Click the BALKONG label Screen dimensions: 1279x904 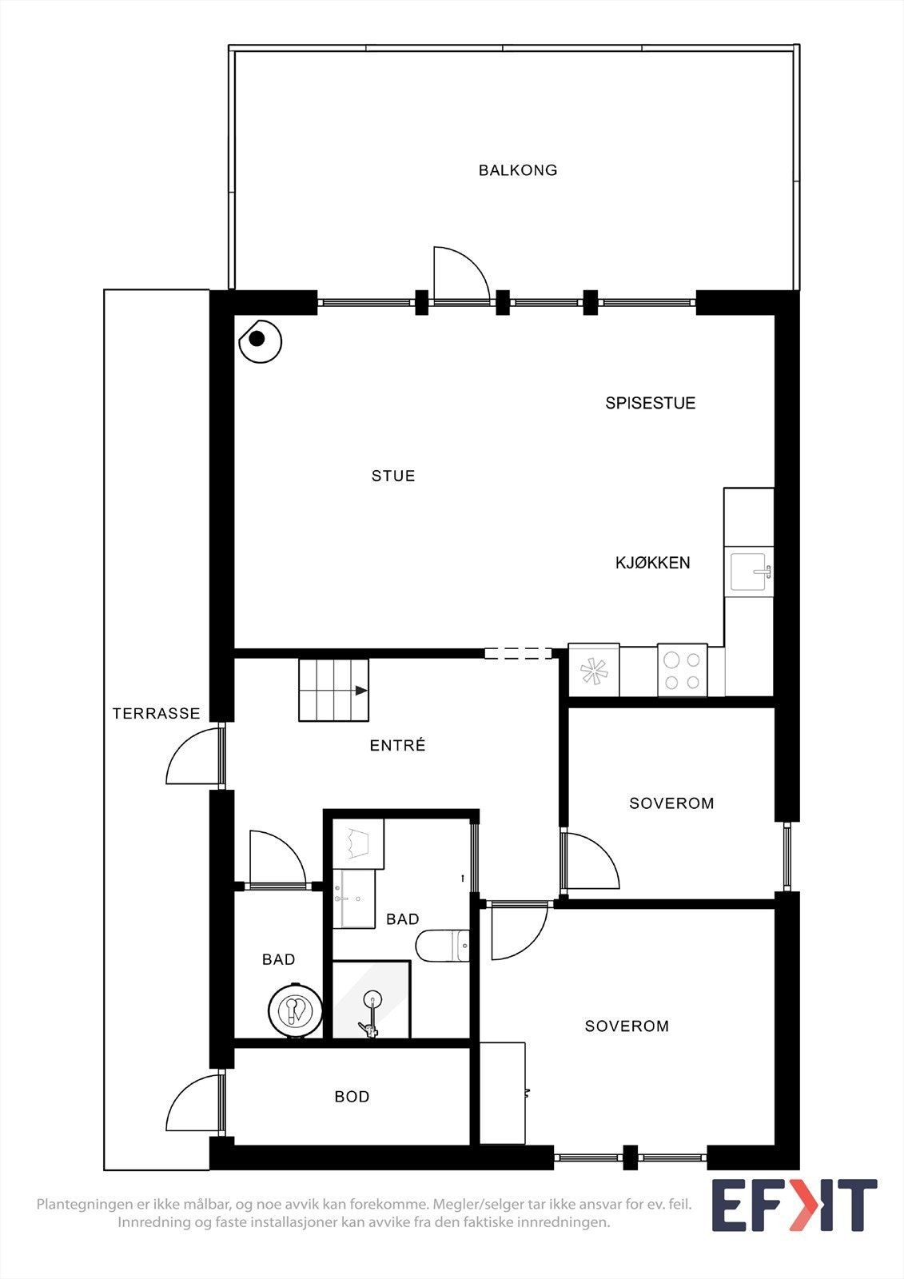point(518,170)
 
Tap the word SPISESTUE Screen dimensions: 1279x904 point(650,403)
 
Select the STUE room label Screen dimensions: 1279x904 point(393,476)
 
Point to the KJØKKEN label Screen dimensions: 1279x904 point(652,563)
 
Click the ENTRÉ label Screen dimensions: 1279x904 point(397,746)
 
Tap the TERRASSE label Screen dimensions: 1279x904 point(156,713)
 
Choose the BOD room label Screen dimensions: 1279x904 point(352,1097)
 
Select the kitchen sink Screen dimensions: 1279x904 point(749,572)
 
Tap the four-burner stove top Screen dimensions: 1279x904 point(682,670)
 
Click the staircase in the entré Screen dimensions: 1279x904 point(333,690)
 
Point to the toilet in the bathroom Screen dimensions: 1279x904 point(442,946)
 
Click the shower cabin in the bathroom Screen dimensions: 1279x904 point(371,1001)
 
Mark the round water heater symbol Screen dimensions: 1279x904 point(295,1011)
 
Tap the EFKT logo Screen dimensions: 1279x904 point(794,1205)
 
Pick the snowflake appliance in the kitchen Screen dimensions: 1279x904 point(594,670)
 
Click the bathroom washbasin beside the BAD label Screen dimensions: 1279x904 point(353,898)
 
